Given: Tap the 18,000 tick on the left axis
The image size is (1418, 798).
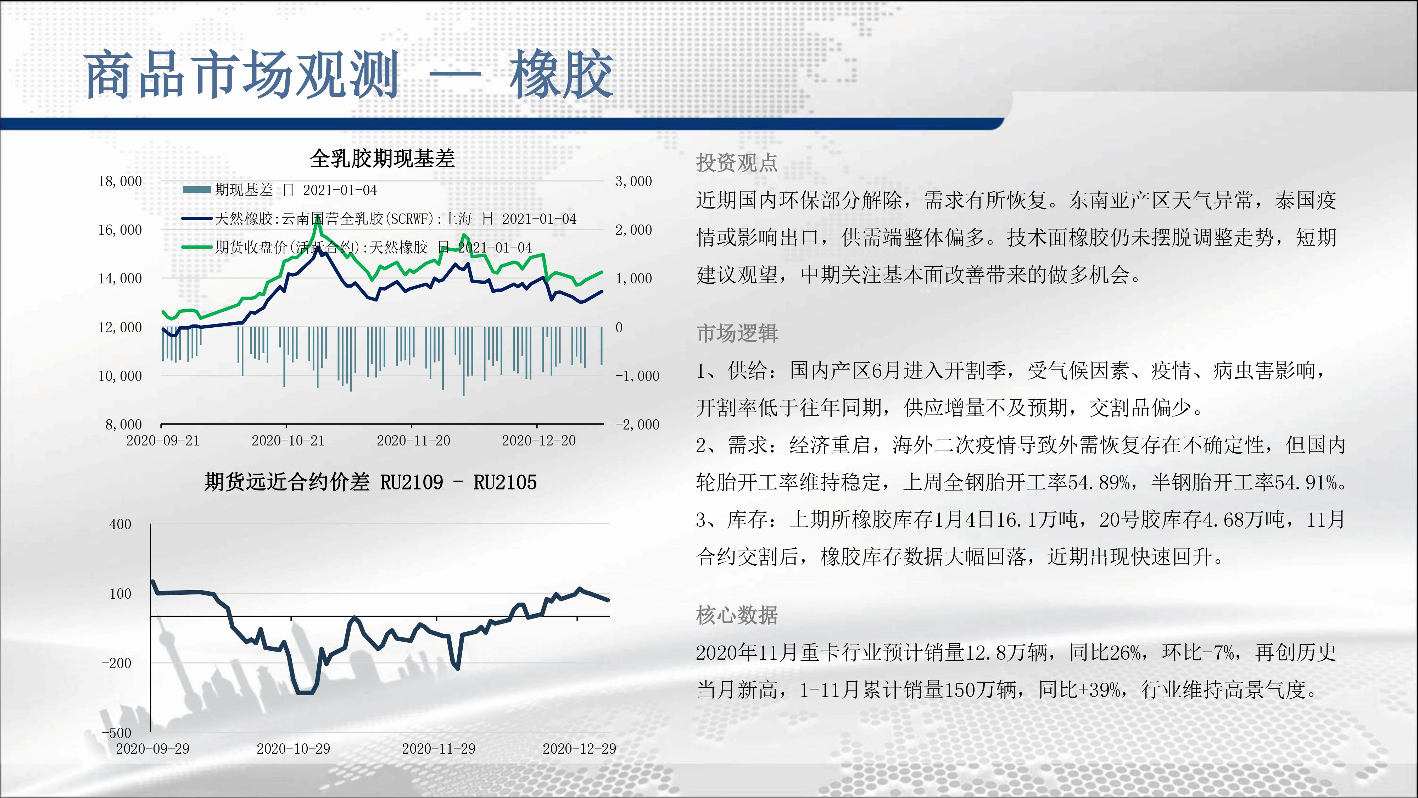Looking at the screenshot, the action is click(120, 181).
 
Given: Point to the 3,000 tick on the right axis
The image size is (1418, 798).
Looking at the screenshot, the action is click(633, 181).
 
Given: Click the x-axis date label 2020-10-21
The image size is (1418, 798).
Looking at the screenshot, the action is click(288, 440).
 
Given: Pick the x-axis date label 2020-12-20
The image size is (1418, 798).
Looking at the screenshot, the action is click(538, 440).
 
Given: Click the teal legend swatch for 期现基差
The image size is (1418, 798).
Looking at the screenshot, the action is click(196, 190).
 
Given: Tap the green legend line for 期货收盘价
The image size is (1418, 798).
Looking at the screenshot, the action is click(196, 247).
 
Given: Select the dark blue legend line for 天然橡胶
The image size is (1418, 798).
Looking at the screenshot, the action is click(196, 218).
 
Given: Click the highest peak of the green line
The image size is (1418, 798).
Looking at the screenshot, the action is click(318, 218).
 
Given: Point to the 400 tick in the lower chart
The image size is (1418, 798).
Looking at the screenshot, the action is click(121, 524).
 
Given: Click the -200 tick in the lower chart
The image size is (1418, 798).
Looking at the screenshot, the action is click(117, 663).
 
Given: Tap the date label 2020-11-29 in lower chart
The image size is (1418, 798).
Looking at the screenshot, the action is click(439, 748).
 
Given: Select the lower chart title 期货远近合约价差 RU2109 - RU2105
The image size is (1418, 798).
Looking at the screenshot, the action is click(370, 482).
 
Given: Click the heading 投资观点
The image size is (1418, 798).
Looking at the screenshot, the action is click(737, 162).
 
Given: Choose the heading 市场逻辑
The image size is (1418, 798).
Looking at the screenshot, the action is click(737, 333).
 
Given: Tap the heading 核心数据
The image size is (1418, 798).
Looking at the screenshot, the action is click(737, 615).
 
